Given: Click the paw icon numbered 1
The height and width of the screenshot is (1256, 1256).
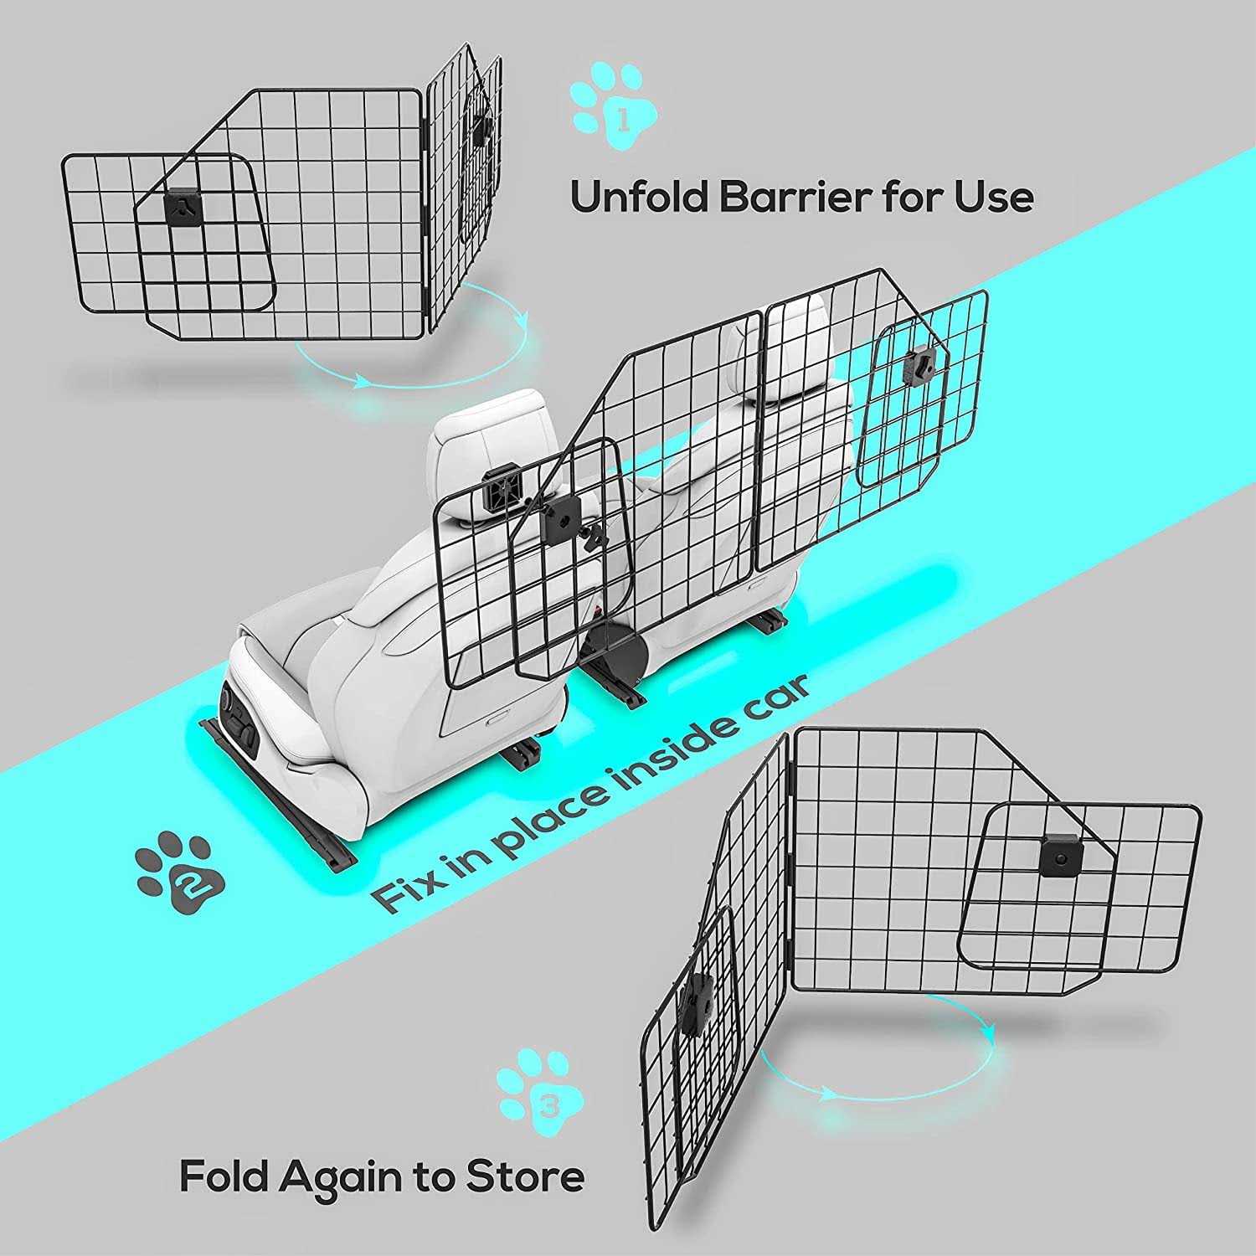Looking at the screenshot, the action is [x=614, y=107].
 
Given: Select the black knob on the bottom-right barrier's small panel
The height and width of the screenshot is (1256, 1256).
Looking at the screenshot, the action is [x=1060, y=858].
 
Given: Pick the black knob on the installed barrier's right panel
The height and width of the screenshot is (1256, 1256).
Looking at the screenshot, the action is [x=920, y=364].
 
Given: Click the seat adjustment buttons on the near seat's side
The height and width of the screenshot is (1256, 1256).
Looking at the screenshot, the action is [x=238, y=713].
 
